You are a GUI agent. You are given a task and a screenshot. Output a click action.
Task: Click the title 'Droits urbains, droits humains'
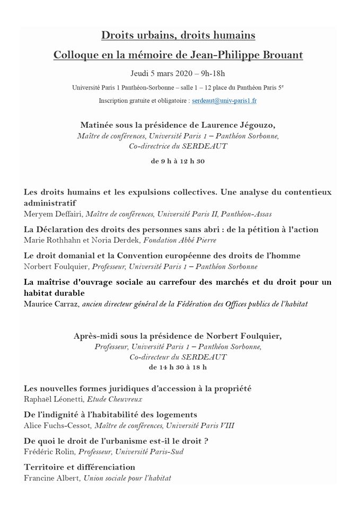[178, 36]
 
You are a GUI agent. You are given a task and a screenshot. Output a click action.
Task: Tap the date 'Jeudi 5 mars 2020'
[160, 73]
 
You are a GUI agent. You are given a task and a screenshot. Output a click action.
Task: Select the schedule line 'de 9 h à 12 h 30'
[178, 161]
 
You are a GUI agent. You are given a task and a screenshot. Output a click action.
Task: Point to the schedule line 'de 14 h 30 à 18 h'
[178, 367]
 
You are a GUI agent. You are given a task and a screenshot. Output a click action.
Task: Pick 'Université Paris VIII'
[200, 425]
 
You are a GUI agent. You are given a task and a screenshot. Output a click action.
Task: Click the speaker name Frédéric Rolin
[47, 451]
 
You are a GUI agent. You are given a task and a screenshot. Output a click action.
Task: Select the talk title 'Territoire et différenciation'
[80, 467]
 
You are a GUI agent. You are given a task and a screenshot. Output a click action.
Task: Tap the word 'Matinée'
[98, 125]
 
